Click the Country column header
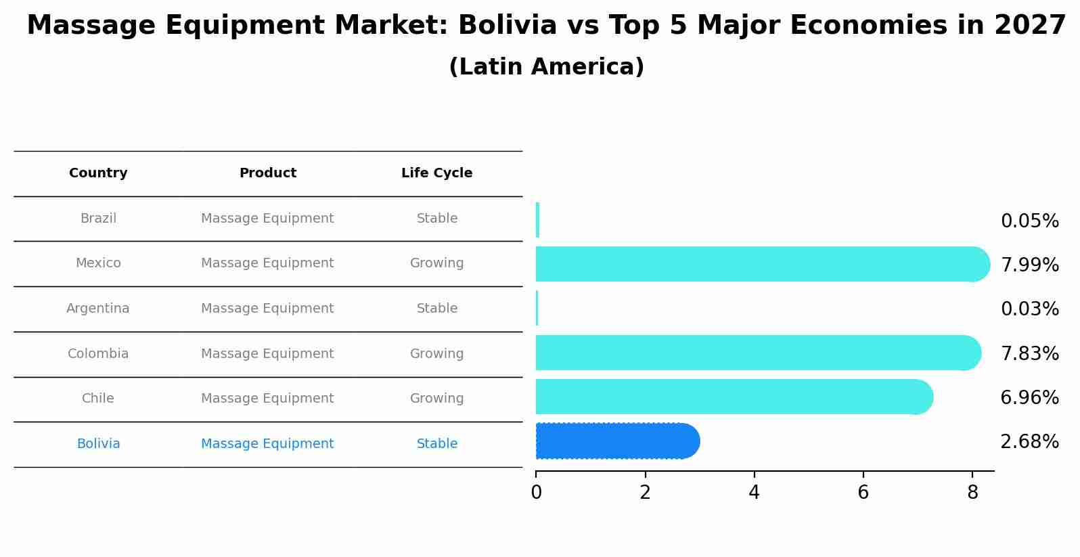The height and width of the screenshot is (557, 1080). pyautogui.click(x=98, y=173)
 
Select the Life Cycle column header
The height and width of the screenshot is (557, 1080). pyautogui.click(x=436, y=173)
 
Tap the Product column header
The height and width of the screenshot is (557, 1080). pyautogui.click(x=267, y=173)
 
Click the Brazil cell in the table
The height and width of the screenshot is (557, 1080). pyautogui.click(x=98, y=219)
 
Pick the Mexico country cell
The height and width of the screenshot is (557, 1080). pyautogui.click(x=98, y=263)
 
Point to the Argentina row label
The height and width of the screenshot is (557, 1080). pyautogui.click(x=98, y=309)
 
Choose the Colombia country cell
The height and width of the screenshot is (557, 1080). pyautogui.click(x=98, y=354)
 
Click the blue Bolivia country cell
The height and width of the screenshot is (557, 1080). pyautogui.click(x=98, y=444)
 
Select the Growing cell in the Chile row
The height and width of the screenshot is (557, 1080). pyautogui.click(x=436, y=399)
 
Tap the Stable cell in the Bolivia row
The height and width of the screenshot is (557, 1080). pyautogui.click(x=436, y=444)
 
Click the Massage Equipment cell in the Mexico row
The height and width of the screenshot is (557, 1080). pyautogui.click(x=267, y=263)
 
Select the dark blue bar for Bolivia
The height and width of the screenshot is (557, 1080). pyautogui.click(x=616, y=441)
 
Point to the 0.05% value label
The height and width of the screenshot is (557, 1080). pyautogui.click(x=1029, y=221)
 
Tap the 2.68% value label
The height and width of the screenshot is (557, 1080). pyautogui.click(x=1029, y=442)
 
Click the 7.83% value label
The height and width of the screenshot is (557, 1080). pyautogui.click(x=1029, y=353)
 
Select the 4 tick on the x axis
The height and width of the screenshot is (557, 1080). pyautogui.click(x=754, y=493)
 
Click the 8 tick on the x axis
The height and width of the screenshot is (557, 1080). pyautogui.click(x=972, y=493)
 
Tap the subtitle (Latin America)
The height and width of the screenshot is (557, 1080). pyautogui.click(x=546, y=67)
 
